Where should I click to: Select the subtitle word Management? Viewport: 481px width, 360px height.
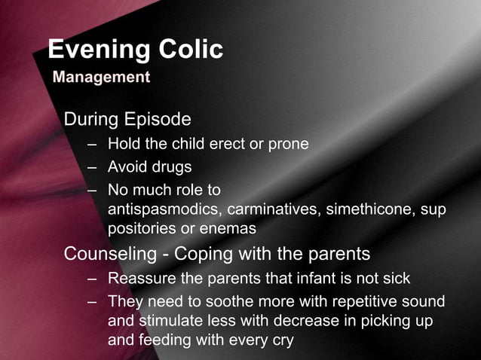coord(101,77)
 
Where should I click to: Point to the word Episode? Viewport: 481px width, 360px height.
coord(158,120)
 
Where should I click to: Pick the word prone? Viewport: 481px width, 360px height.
coord(289,144)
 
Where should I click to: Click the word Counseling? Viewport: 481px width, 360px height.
coord(110,253)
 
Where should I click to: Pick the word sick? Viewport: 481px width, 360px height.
coord(396,279)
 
